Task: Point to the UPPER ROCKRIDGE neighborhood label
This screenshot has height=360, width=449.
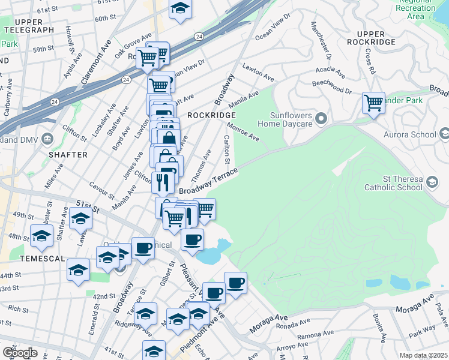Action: coord(376,38)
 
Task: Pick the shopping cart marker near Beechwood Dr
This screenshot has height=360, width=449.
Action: coord(373,103)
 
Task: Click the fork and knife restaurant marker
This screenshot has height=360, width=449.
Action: coord(163,181)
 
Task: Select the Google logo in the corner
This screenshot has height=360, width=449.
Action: coord(20,353)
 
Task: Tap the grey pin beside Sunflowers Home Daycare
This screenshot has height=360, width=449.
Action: coord(321,118)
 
